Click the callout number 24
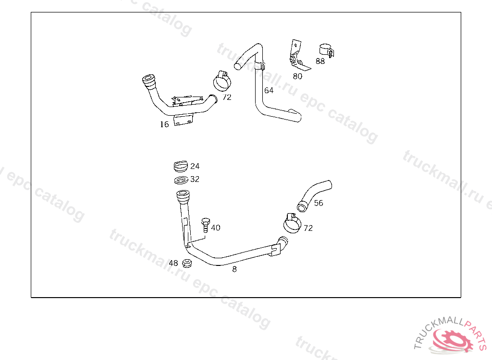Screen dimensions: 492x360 click(x=195, y=167)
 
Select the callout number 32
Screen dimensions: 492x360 click(x=195, y=180)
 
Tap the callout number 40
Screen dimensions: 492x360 click(x=216, y=228)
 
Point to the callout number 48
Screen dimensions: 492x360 click(x=173, y=263)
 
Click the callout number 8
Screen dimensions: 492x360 click(x=234, y=269)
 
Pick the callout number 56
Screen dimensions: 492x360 click(x=319, y=203)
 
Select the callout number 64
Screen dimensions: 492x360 click(x=269, y=90)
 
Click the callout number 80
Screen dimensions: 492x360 click(x=297, y=76)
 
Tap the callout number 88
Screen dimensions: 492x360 click(x=320, y=61)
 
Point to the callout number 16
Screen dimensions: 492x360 click(x=164, y=124)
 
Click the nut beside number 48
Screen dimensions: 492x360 click(x=187, y=263)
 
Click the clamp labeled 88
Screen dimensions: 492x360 click(x=326, y=49)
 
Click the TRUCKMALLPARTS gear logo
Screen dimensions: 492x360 click(x=451, y=339)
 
